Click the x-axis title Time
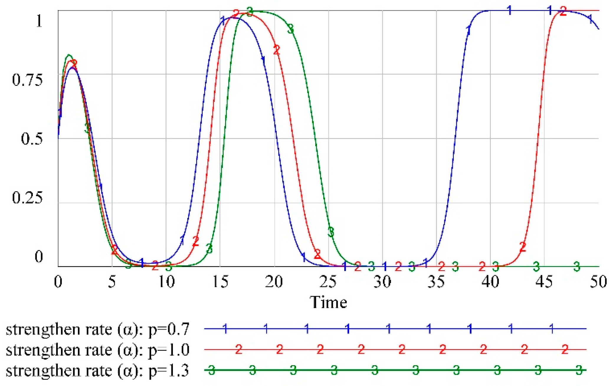328,302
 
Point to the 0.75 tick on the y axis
27,80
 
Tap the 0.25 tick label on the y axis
27,198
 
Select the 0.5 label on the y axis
31,139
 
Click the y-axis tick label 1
39,21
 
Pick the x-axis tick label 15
220,282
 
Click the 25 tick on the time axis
328,282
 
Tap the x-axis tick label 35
436,282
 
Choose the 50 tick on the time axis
598,282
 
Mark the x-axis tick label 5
112,282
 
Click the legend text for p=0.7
97,329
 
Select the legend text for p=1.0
97,350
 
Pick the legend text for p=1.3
97,371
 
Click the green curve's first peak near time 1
69,55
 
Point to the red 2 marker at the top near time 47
563,12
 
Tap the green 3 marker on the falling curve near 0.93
291,29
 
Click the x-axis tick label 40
490,282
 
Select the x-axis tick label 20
274,282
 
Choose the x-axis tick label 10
166,282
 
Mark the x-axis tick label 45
544,282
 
